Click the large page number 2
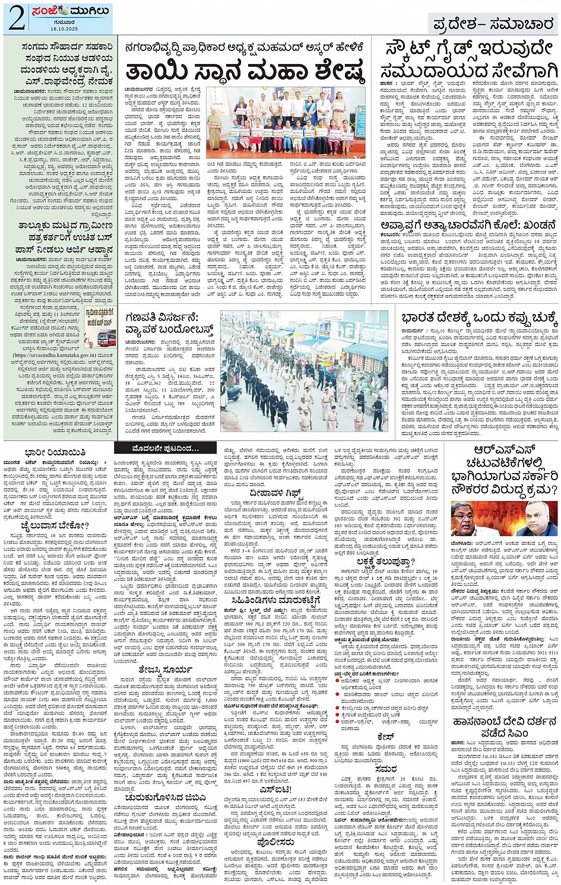click(x=16, y=18)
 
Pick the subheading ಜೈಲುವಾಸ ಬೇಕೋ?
click(x=46, y=525)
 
